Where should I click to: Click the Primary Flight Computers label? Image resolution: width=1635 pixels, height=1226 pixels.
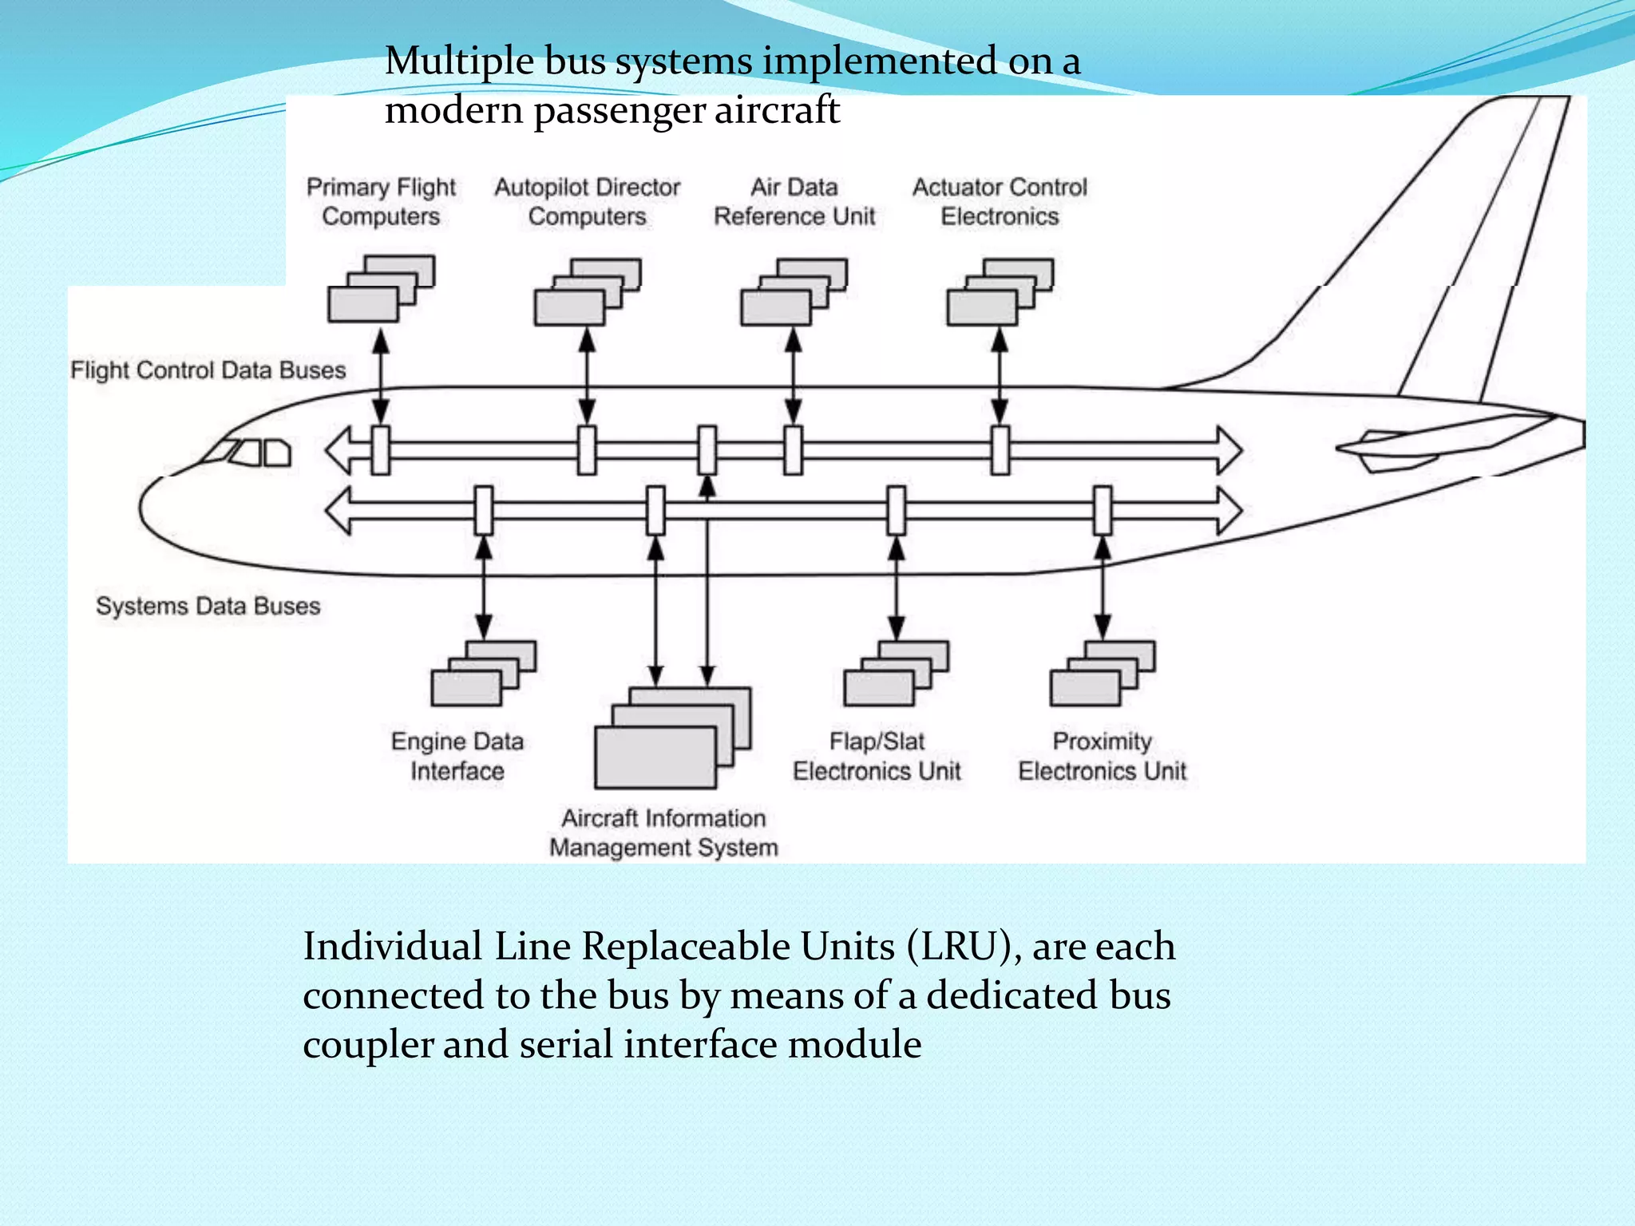[x=381, y=201]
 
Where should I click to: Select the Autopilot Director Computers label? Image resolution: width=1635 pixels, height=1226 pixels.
[x=587, y=201]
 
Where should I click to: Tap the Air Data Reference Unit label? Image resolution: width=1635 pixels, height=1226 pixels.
[x=794, y=201]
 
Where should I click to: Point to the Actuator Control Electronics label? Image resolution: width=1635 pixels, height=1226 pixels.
[x=1000, y=201]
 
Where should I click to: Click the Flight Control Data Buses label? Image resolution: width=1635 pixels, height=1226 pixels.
[x=208, y=370]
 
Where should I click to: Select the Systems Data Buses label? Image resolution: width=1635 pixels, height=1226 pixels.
[x=208, y=606]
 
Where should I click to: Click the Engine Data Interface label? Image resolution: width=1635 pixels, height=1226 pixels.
[x=457, y=756]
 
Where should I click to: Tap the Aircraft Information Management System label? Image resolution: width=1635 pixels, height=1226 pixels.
[x=663, y=832]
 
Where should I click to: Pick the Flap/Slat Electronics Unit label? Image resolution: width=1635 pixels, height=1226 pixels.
[x=877, y=756]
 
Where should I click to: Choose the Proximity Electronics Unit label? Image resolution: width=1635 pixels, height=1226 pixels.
[x=1102, y=756]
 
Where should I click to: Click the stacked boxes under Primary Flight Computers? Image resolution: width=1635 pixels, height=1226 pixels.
[x=381, y=289]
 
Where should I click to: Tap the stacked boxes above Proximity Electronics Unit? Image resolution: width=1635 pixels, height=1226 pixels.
[x=1102, y=674]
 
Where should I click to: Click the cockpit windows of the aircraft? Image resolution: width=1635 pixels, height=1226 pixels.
[x=249, y=453]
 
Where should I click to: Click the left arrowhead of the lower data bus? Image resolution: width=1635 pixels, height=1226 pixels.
[x=338, y=510]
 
